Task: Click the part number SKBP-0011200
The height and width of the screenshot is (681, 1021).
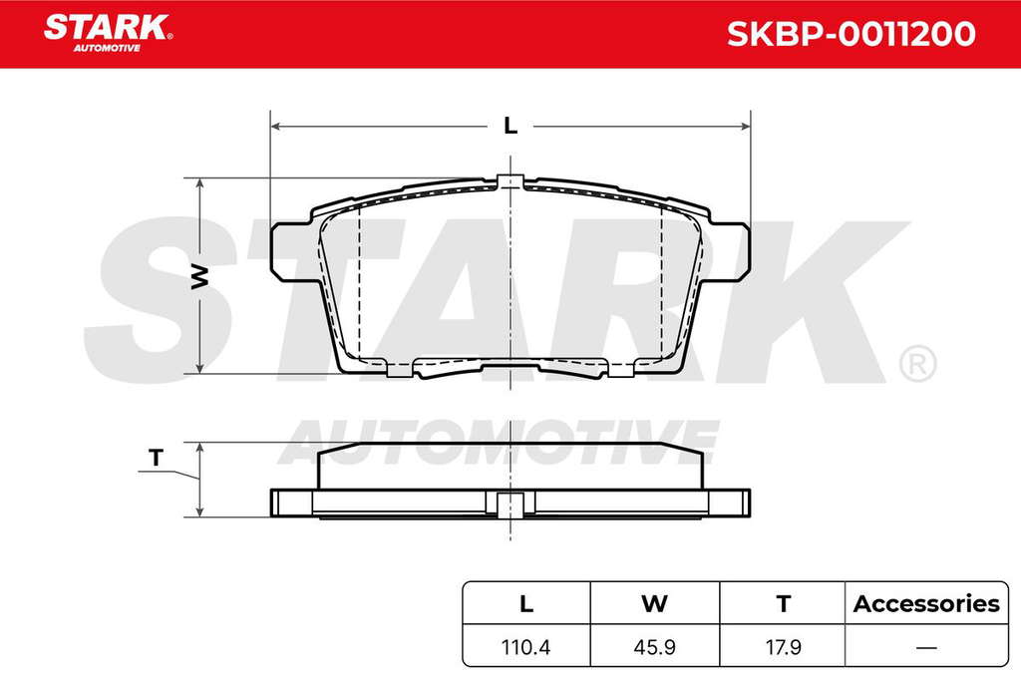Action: click(x=851, y=34)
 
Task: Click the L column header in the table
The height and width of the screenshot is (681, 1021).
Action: click(x=526, y=603)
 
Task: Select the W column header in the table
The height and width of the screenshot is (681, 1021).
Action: click(x=654, y=603)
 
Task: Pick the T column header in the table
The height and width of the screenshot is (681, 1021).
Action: click(x=784, y=603)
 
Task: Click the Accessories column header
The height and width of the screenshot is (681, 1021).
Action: click(x=926, y=603)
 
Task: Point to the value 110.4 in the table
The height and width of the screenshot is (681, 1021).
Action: click(x=525, y=647)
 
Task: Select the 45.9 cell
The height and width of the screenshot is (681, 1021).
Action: click(x=654, y=647)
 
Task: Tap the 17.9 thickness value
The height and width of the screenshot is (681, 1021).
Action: click(x=784, y=647)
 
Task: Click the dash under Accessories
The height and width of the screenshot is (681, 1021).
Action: click(x=926, y=648)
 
